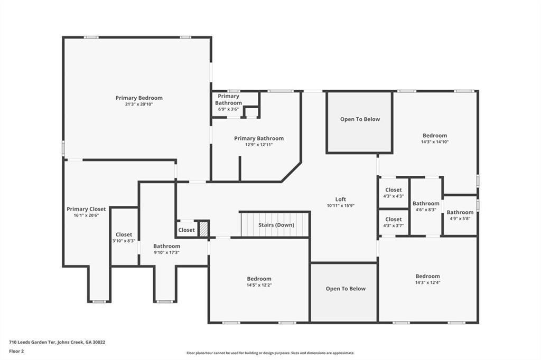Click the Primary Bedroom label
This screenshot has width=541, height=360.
pyautogui.click(x=139, y=98)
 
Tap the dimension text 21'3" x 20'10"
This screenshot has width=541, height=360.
pyautogui.click(x=139, y=105)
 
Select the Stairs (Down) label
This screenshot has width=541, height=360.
pyautogui.click(x=276, y=225)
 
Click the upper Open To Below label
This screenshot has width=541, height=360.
pyautogui.click(x=360, y=119)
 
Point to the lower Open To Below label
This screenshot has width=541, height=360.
pyautogui.click(x=346, y=289)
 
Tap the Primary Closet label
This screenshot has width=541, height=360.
pyautogui.click(x=86, y=209)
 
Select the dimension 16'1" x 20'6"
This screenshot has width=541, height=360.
pyautogui.click(x=86, y=215)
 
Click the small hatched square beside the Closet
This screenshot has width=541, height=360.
pyautogui.click(x=204, y=229)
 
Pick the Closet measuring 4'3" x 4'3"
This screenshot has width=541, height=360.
pyautogui.click(x=393, y=190)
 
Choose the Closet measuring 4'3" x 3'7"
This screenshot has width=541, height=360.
pyautogui.click(x=393, y=220)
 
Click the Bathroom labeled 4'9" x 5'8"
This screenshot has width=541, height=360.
pyautogui.click(x=460, y=212)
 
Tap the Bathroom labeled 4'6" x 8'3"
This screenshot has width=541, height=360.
pyautogui.click(x=426, y=203)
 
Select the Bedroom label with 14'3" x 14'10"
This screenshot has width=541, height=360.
pyautogui.click(x=434, y=136)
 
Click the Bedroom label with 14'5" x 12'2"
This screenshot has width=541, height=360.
pyautogui.click(x=259, y=279)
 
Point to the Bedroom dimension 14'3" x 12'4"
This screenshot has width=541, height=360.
pyautogui.click(x=427, y=283)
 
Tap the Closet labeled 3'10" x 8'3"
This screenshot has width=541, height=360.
pyautogui.click(x=124, y=234)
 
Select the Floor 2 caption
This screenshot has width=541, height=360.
pyautogui.click(x=16, y=350)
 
